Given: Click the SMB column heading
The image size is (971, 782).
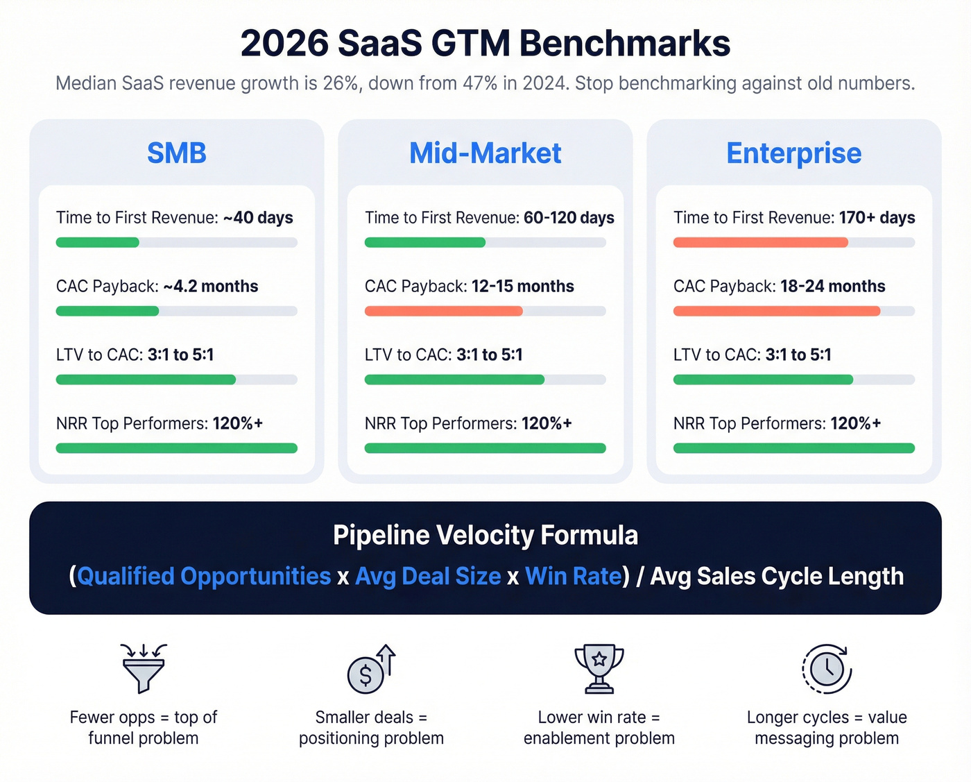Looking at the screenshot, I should [176, 153].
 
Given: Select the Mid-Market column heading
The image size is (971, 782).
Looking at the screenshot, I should [485, 153].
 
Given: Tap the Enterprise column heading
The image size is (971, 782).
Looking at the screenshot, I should [793, 153].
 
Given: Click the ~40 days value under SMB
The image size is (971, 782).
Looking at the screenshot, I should [258, 218].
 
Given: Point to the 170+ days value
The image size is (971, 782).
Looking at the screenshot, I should [877, 218].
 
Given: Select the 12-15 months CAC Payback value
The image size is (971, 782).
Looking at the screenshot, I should [522, 287].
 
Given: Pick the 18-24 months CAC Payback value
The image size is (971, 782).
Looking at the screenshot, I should [832, 287].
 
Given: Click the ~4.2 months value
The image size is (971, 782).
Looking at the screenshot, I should [210, 287].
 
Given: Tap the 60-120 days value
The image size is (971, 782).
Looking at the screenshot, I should [569, 218].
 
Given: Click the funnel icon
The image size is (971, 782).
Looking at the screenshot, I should [144, 668].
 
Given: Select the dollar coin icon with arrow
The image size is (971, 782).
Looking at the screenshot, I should [370, 670].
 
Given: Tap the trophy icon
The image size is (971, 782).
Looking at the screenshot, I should [599, 668].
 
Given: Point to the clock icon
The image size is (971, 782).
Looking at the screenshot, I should [826, 669].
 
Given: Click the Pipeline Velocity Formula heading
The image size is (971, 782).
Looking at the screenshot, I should [485, 536].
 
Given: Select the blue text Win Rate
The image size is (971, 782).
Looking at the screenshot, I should [573, 577].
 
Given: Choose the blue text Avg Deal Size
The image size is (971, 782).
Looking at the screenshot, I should [428, 577].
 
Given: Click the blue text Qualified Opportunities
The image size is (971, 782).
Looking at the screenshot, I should [204, 577].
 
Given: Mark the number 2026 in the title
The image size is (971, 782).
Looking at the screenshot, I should [284, 44].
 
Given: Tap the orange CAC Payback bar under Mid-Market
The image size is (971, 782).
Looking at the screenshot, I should [443, 312].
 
